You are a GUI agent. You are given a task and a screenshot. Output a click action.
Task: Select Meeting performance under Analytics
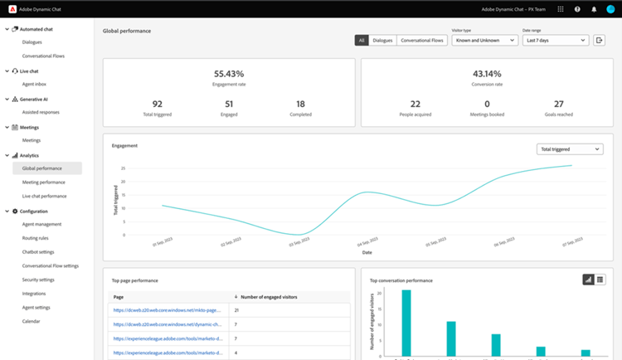[x=44, y=182]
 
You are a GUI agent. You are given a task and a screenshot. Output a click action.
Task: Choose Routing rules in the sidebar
[x=35, y=237]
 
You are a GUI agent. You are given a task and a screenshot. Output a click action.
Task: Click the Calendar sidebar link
[x=31, y=321]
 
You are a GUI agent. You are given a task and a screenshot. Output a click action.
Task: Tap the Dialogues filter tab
[x=382, y=40]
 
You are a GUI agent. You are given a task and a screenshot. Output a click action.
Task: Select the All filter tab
[x=362, y=40]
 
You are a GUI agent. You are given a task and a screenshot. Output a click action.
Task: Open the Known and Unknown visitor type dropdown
[x=484, y=40]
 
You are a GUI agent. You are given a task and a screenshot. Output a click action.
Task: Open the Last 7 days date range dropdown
[x=555, y=40]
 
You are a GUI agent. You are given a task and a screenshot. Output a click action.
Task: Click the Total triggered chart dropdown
[x=569, y=149]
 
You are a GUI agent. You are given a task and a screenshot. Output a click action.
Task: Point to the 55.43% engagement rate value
[x=229, y=74]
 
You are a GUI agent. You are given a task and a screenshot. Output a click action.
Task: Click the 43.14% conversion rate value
[x=487, y=74]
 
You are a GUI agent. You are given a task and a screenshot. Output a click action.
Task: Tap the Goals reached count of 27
[x=558, y=104]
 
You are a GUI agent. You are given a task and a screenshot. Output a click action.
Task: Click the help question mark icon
[x=577, y=9]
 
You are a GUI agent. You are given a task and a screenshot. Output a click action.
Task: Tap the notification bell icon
[x=594, y=9]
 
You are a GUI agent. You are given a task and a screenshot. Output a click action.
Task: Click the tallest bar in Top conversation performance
[x=406, y=324]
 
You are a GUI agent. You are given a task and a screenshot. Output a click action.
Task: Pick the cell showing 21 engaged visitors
[x=237, y=310]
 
